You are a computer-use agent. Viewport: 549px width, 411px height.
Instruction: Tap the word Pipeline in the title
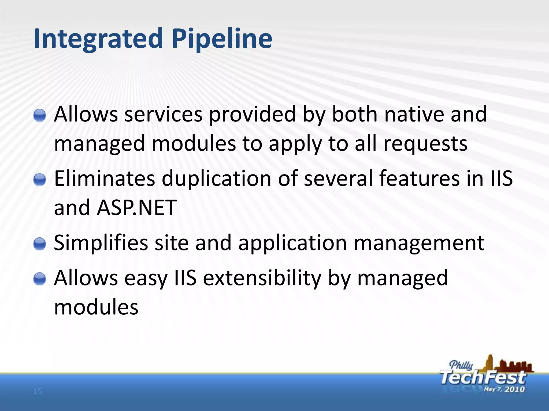point(222,39)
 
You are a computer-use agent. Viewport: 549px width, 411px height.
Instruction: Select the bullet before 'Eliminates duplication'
point(40,179)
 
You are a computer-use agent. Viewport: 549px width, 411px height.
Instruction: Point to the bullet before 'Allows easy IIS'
point(40,279)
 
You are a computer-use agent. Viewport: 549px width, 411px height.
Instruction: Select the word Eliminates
point(104,178)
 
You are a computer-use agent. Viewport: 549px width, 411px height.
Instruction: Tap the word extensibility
point(262,278)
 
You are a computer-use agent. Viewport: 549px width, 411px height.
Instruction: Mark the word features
point(420,178)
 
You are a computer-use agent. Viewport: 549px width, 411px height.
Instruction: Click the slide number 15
point(38,392)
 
